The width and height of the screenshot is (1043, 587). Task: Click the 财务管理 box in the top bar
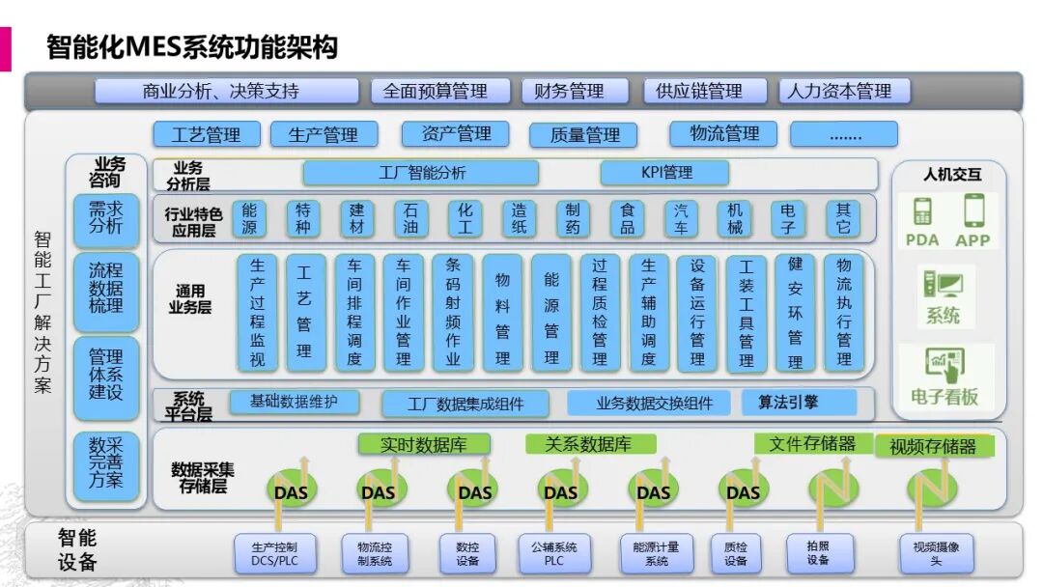coord(569,92)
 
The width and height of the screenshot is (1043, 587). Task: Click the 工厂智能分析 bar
coord(421,173)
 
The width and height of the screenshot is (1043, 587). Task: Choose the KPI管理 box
coord(665,173)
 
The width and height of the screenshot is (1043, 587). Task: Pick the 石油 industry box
coord(410,219)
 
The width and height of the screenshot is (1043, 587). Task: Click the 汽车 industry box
coord(681,219)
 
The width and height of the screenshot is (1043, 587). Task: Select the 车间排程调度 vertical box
coord(354,312)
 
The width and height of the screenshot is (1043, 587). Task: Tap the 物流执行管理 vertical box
coord(843,312)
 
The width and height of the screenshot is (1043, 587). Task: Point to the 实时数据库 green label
coord(424,445)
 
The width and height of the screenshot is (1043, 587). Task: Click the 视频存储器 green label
coord(933,446)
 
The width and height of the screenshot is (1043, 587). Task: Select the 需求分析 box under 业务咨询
coord(106,218)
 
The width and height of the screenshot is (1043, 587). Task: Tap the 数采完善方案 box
coord(106,461)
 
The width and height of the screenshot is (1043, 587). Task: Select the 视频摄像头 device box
coord(935,553)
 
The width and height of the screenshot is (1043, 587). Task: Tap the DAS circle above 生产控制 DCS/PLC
coord(290,490)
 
